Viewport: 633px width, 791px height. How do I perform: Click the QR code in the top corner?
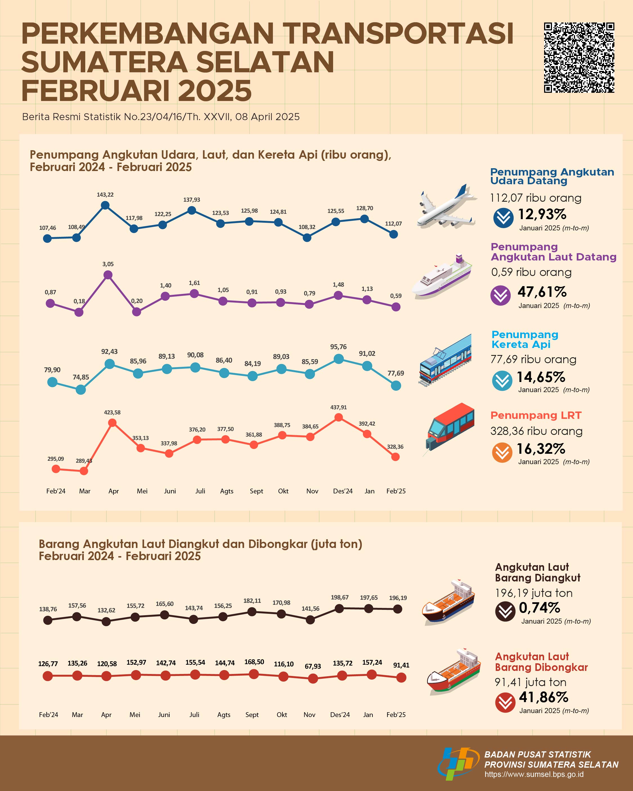(579, 58)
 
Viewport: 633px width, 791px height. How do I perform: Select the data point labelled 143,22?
(105, 205)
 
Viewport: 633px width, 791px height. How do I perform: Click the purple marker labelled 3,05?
(108, 275)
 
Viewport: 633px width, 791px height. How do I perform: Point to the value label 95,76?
(338, 347)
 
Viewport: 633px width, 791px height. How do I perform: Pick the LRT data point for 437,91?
(339, 417)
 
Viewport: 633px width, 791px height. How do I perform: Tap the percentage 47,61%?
(542, 292)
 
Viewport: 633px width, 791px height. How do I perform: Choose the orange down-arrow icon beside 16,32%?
(502, 452)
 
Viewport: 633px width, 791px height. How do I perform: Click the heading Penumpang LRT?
(536, 415)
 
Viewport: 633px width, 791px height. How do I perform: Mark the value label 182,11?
(252, 601)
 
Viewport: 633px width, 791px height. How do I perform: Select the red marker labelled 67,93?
(313, 679)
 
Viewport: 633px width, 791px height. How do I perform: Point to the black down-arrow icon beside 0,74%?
(505, 611)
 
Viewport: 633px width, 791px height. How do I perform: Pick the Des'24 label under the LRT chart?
(342, 491)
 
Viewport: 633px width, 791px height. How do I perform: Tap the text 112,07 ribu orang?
(535, 198)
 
